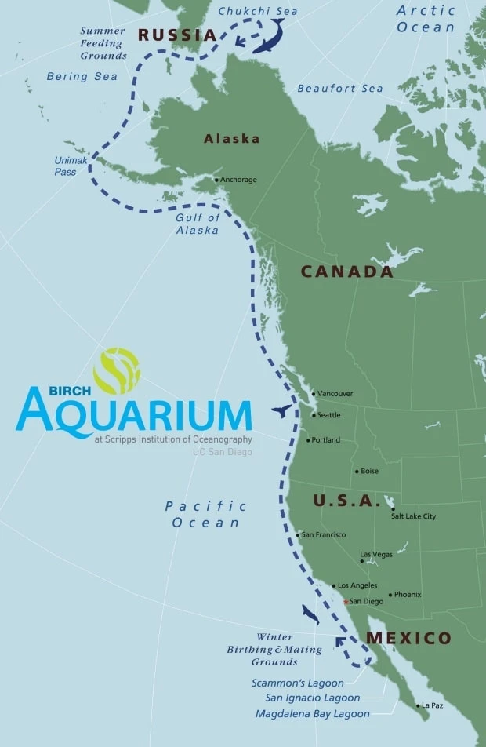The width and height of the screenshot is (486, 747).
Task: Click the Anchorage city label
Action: (x=238, y=180)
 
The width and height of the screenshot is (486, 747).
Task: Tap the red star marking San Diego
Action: (x=346, y=601)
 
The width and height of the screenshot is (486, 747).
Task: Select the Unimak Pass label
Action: (x=66, y=166)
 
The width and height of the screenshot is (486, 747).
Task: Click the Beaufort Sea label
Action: (x=340, y=89)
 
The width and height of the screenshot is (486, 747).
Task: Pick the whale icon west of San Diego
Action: (x=310, y=614)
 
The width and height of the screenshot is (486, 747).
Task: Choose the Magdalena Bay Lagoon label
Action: (x=312, y=714)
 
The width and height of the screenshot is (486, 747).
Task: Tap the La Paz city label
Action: (x=432, y=705)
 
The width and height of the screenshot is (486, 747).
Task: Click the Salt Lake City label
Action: (x=413, y=516)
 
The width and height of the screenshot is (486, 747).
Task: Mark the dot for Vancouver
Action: (x=313, y=393)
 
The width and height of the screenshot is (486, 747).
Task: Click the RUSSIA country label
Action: (x=177, y=35)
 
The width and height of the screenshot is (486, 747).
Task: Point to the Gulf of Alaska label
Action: (x=198, y=224)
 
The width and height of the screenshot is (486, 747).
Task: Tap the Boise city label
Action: (x=369, y=471)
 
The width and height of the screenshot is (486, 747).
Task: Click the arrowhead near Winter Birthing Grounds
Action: (x=340, y=642)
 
